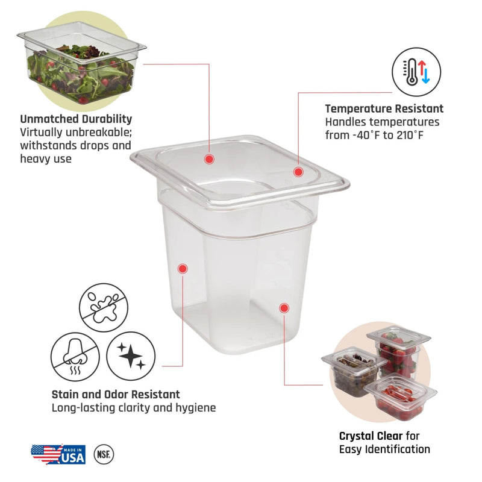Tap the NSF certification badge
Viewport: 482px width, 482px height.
(x=104, y=454)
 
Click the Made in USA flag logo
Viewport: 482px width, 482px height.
(x=58, y=454)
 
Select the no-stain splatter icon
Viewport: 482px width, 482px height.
(x=104, y=307)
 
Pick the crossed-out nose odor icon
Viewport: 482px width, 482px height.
(x=75, y=357)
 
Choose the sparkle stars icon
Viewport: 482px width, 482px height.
(x=131, y=356)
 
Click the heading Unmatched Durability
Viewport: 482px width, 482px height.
(x=76, y=119)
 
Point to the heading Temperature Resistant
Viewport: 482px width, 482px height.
(x=384, y=108)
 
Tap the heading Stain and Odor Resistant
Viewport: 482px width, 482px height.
(x=116, y=394)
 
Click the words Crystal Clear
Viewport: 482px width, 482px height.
(x=371, y=436)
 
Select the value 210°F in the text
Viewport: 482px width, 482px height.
(x=410, y=135)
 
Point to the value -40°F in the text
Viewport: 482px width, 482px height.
(x=366, y=135)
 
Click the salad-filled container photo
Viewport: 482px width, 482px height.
(x=82, y=63)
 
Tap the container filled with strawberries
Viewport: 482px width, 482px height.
(x=398, y=352)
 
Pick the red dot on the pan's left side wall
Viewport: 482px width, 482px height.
(x=183, y=269)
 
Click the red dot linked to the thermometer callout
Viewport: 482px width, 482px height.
(x=298, y=172)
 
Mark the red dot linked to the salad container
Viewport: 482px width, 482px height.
(x=209, y=159)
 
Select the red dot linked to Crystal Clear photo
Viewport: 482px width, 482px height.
(x=284, y=308)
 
